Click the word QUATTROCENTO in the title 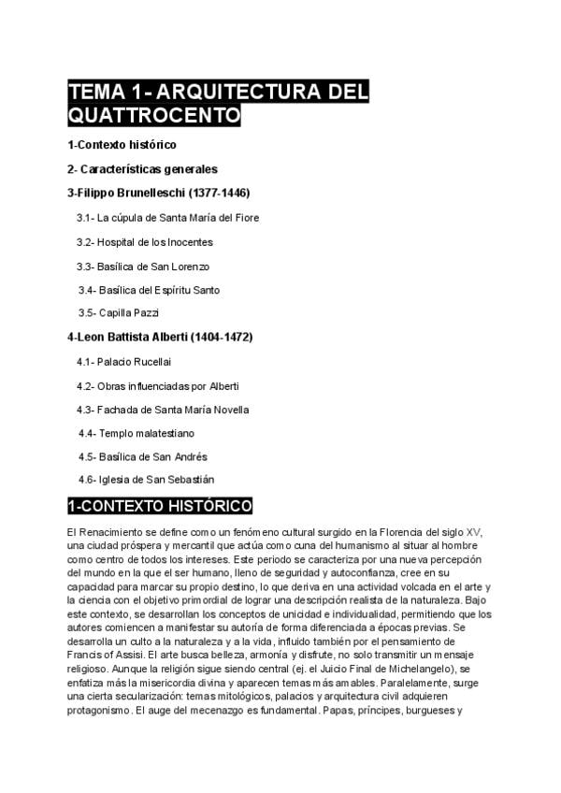click(154, 116)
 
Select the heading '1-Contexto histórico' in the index click(122, 146)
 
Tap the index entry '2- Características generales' click(142, 169)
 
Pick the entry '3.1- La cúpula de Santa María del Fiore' click(167, 218)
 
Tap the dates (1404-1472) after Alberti click(222, 337)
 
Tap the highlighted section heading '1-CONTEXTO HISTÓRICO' click(160, 507)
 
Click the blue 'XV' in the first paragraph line click(473, 531)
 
